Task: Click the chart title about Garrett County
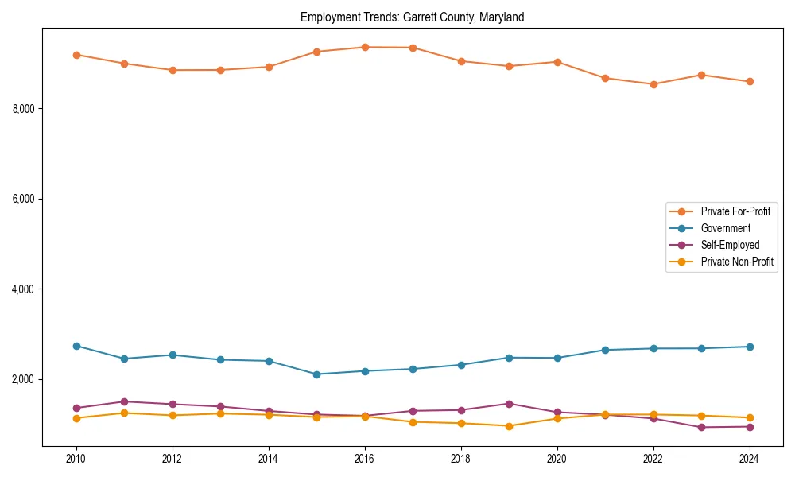click(x=412, y=17)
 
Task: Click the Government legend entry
click(x=725, y=228)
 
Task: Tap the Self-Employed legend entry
click(x=730, y=245)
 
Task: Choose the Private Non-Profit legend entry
click(x=737, y=262)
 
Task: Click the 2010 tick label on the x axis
click(x=76, y=459)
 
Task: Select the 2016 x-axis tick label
click(x=365, y=459)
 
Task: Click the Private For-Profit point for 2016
click(x=365, y=47)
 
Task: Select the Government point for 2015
click(x=316, y=374)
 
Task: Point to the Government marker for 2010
click(x=76, y=346)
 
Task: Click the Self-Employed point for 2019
click(x=509, y=404)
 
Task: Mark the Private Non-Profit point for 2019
click(x=509, y=426)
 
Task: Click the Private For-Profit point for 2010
click(x=76, y=55)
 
